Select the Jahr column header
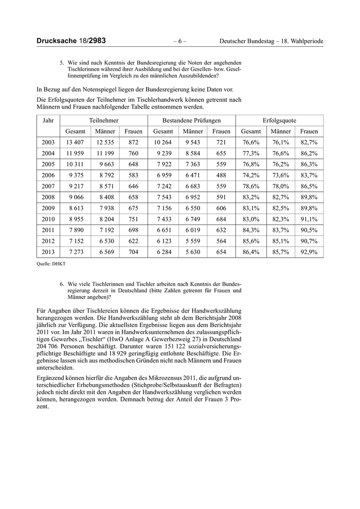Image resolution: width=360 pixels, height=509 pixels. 48,120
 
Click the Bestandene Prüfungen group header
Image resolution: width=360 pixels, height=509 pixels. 191,120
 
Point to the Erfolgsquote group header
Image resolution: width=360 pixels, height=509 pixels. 279,120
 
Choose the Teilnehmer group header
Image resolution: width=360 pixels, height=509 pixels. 104,120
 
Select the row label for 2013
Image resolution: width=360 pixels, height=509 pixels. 48,252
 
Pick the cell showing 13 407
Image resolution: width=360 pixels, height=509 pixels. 75,142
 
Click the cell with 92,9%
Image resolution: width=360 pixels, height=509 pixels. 309,252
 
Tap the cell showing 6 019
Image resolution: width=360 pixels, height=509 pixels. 193,230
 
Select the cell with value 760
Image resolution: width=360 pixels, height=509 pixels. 133,153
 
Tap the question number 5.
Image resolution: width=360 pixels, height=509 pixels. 62,63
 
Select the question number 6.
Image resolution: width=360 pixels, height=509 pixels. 62,283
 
